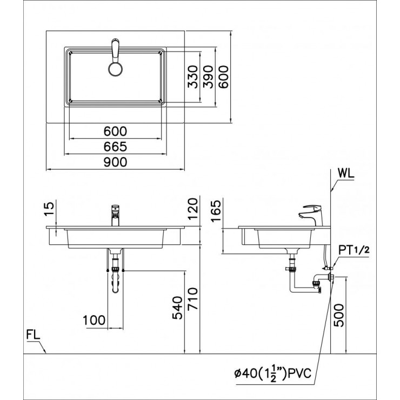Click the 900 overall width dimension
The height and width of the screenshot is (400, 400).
point(116,162)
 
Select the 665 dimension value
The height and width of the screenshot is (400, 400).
point(116,146)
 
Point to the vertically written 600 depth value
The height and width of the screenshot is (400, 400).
point(223,76)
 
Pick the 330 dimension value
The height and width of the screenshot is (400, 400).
point(193,76)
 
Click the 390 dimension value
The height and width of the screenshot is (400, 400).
point(208,76)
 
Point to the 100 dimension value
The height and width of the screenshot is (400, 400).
point(95,320)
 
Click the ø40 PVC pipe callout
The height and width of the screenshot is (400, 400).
point(274,372)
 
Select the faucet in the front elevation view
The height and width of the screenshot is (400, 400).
point(115,215)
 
